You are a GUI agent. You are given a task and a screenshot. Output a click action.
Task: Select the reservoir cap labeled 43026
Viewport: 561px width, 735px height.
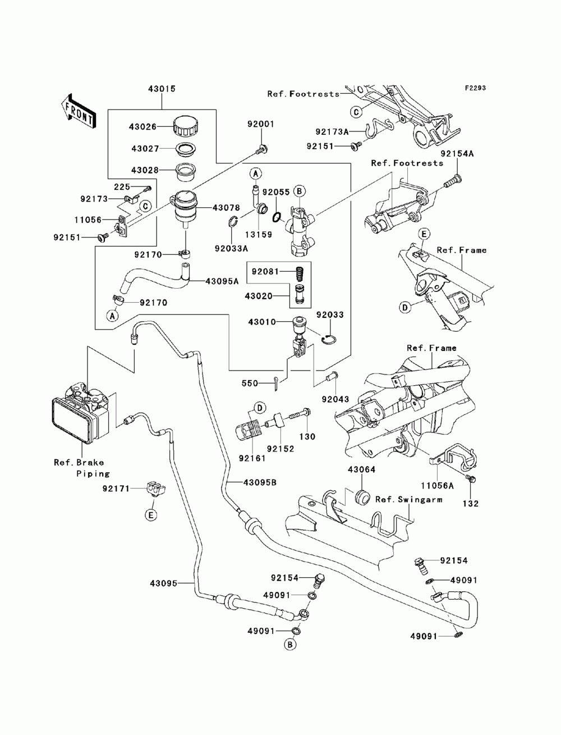coord(185,126)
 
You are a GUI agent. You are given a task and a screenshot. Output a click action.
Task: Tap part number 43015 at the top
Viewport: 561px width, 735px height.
coord(162,89)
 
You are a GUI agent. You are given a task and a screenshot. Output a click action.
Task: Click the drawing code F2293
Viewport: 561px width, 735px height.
coord(475,88)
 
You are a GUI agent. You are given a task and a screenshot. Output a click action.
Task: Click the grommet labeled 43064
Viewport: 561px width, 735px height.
coord(362,497)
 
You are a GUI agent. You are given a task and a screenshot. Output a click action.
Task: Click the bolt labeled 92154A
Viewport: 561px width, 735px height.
coord(452,180)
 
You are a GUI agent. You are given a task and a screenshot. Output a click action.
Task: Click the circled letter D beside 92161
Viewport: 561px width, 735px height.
coord(260,408)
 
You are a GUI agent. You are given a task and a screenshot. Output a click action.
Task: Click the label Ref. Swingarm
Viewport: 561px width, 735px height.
coord(409,509)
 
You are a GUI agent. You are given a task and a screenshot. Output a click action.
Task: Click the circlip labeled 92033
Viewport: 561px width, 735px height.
coord(329,339)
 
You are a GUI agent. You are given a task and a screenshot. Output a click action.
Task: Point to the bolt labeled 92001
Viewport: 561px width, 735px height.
coord(261,149)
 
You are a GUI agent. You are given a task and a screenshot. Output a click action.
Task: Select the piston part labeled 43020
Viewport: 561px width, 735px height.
coord(300,295)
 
